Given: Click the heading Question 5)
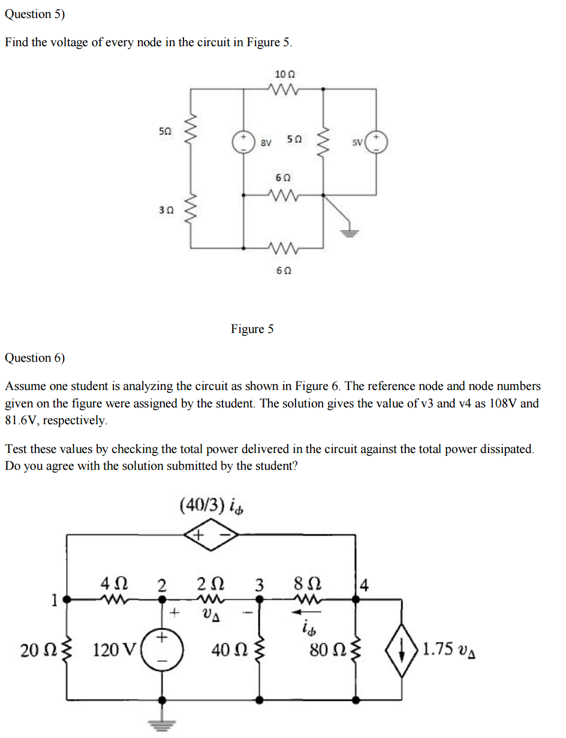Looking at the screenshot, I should [x=35, y=14].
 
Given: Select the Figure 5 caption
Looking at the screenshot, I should [x=252, y=329].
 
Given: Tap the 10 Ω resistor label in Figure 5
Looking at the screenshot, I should [x=285, y=74].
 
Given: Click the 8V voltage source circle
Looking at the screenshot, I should [x=243, y=142].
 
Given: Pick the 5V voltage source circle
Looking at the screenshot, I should [x=377, y=142].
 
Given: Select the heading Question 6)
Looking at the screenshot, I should [x=35, y=358].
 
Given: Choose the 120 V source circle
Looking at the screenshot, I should [x=161, y=650].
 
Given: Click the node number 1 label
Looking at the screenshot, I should [x=54, y=599].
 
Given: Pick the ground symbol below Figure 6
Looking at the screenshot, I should [x=161, y=724].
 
